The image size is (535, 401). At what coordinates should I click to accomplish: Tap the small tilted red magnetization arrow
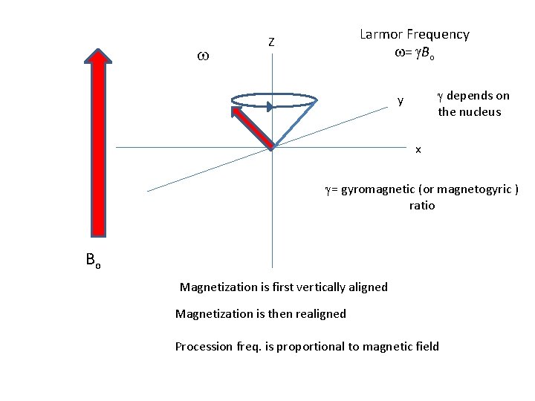253,127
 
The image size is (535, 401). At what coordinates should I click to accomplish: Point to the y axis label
401,100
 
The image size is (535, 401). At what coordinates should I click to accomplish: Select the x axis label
418,150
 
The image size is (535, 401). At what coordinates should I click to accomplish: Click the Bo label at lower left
92,261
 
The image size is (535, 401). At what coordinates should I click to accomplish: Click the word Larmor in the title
380,34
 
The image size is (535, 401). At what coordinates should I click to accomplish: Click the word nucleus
480,112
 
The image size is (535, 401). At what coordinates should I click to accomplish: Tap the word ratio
422,206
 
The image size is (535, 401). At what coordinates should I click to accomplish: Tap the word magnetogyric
473,189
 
